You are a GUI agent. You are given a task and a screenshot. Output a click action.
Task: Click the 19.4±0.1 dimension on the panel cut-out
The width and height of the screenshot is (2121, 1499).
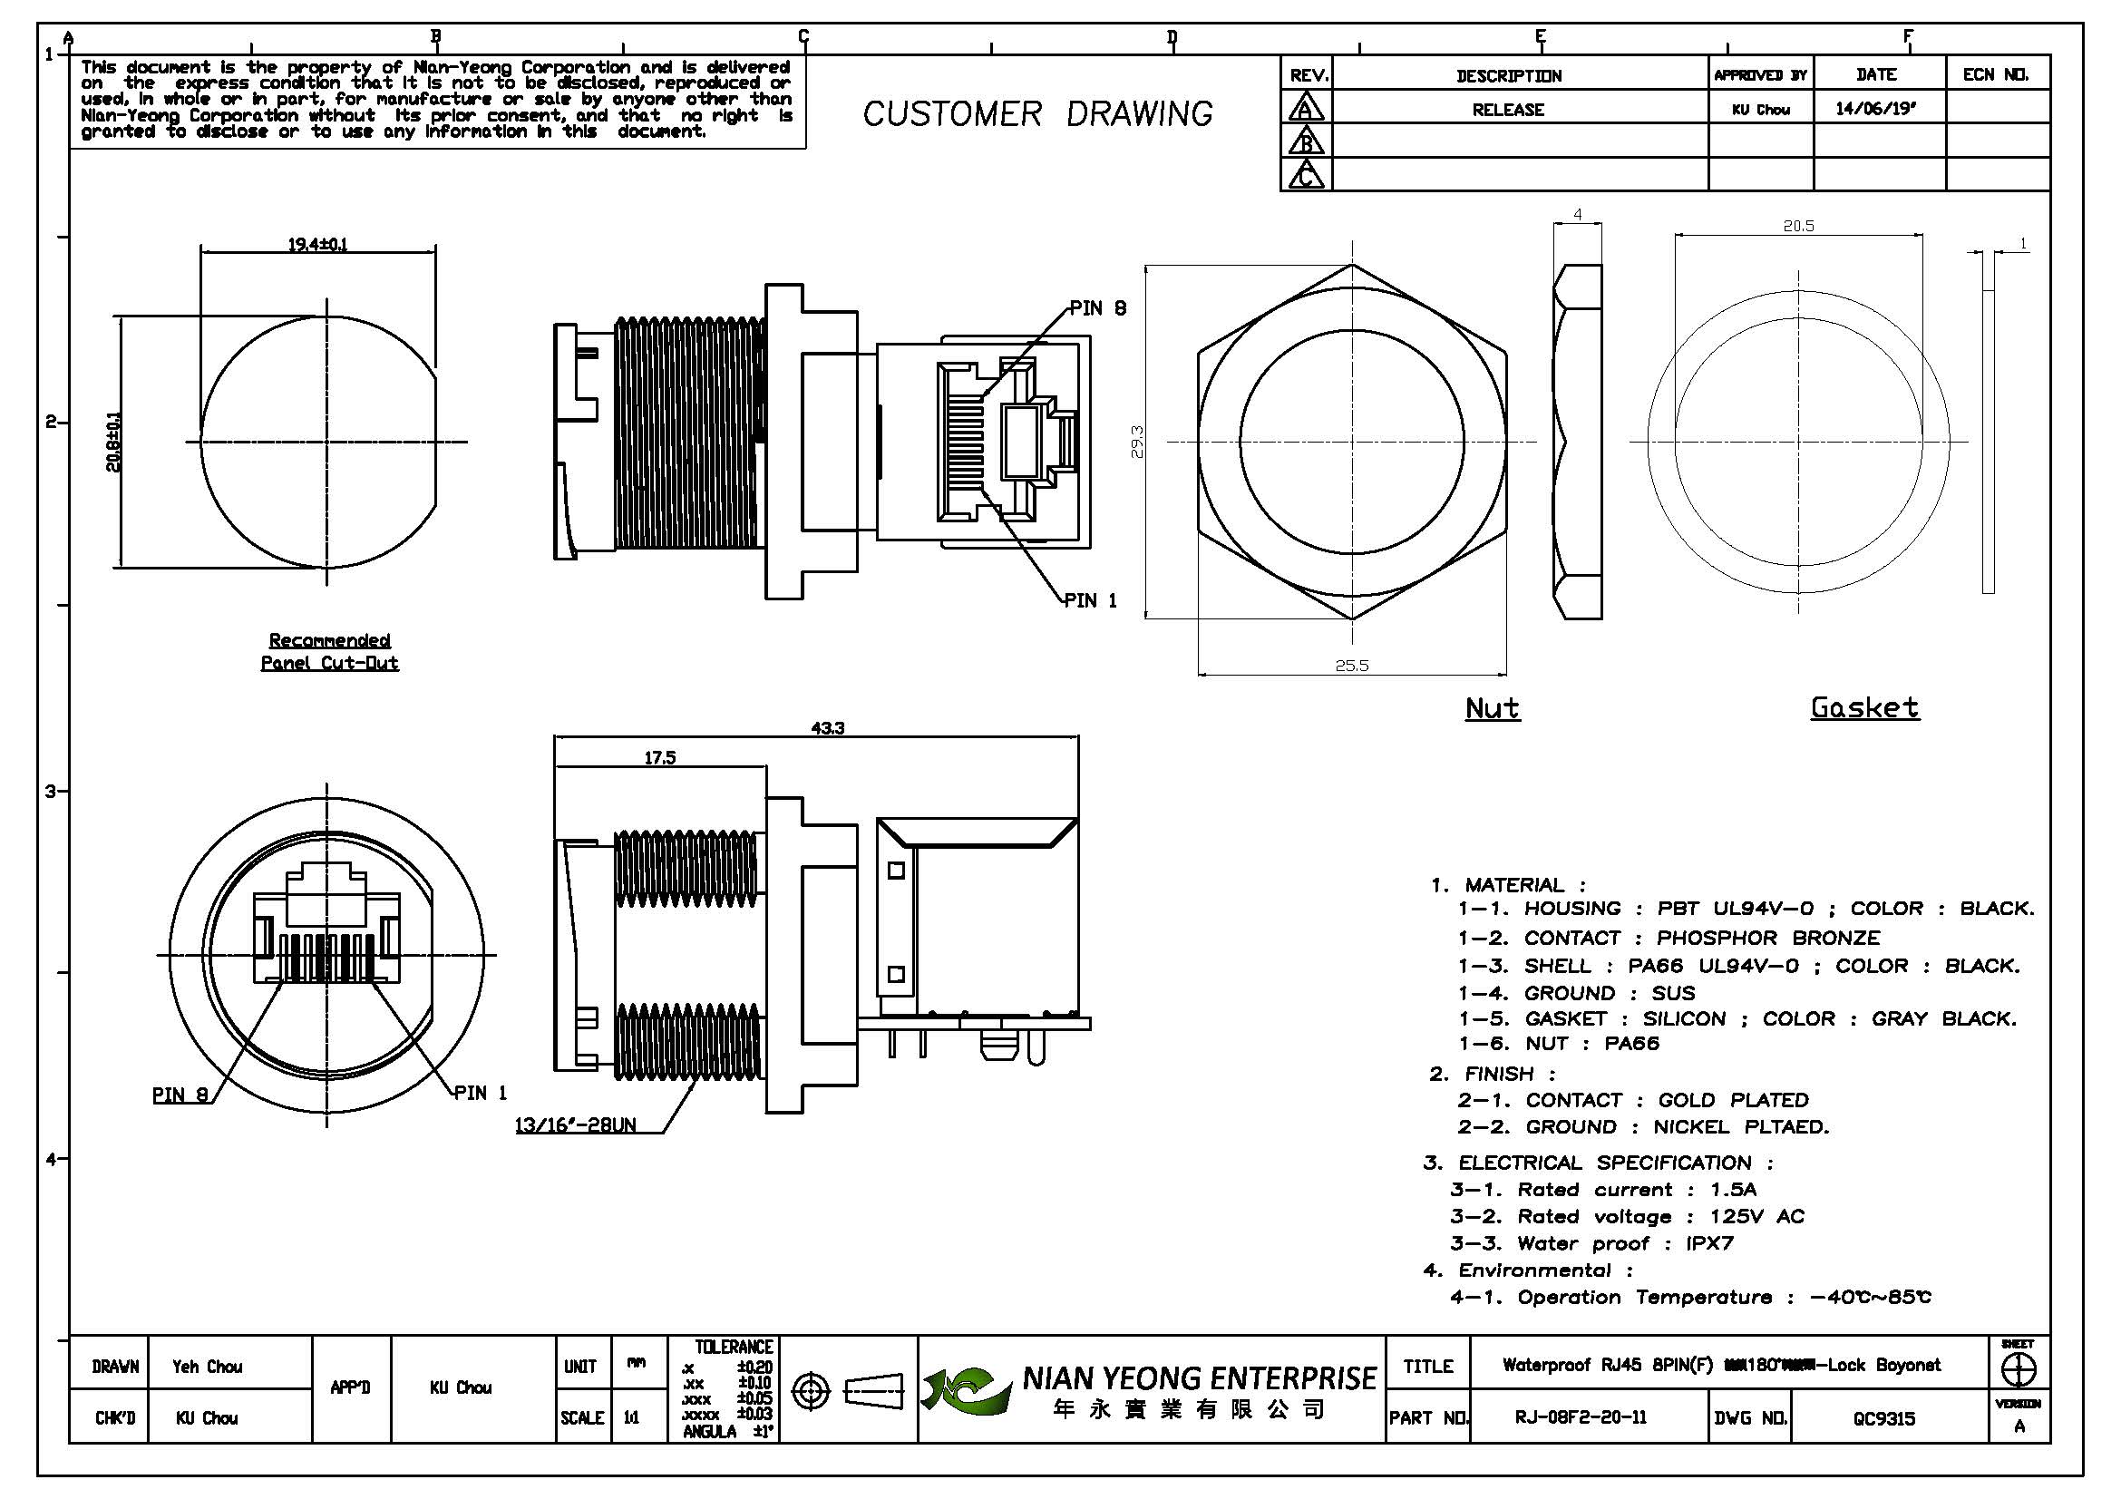pos(317,245)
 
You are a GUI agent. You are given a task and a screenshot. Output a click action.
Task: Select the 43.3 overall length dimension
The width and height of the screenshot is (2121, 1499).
pos(828,728)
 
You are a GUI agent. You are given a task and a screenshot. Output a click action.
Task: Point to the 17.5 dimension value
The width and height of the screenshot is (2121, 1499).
pos(659,757)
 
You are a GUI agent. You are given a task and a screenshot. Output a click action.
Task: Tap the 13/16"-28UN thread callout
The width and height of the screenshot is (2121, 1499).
pos(575,1125)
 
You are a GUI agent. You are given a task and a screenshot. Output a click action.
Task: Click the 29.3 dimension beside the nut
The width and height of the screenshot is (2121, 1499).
pos(1138,441)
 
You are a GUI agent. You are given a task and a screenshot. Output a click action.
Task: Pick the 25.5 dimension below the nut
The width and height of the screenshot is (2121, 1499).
pos(1351,665)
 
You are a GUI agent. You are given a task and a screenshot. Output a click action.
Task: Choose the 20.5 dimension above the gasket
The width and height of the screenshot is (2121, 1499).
pos(1798,226)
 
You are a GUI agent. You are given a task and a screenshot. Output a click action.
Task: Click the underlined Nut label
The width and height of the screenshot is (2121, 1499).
pos(1492,708)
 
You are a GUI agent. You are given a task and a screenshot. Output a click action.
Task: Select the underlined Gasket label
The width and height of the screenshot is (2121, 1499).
pos(1864,707)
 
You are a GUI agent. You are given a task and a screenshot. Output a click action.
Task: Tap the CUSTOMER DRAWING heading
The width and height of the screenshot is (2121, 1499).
pos(1037,113)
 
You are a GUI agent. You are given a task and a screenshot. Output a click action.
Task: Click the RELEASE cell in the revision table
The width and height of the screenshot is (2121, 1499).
pos(1508,110)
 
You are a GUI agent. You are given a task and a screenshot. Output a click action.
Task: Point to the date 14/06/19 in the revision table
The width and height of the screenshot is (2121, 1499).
pos(1875,109)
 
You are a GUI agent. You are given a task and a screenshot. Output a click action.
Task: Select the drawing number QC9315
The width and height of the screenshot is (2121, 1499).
pos(1883,1417)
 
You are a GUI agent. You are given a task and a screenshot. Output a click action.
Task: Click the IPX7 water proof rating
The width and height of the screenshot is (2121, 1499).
pos(1709,1243)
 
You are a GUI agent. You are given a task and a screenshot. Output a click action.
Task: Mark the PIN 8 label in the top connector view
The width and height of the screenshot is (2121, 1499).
pos(1097,308)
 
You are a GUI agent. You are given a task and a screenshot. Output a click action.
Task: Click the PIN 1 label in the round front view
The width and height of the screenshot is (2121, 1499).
pos(481,1093)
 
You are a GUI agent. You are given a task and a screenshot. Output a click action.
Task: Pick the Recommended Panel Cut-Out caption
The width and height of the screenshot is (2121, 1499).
pos(330,651)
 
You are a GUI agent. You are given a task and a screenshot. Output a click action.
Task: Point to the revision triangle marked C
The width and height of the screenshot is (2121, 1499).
pos(1305,174)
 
